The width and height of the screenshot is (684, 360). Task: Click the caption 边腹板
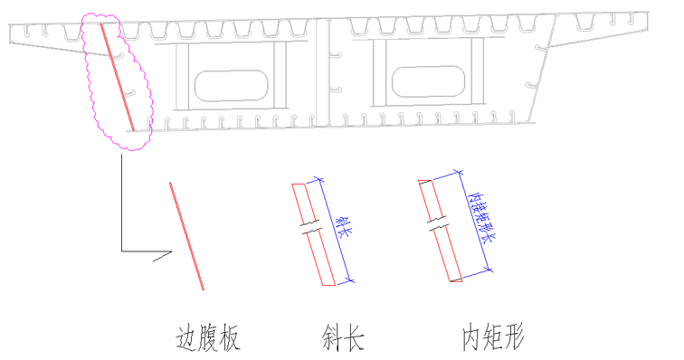208,337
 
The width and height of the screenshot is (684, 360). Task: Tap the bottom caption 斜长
343,337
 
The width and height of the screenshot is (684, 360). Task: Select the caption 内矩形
493,336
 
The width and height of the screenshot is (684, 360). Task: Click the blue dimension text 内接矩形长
481,217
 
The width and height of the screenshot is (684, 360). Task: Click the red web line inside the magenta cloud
118,77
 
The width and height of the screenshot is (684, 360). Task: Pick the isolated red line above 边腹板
186,236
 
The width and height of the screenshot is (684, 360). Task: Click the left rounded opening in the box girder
232,86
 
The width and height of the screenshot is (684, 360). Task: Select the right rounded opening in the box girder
428,81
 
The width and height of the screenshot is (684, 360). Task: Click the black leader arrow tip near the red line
172,251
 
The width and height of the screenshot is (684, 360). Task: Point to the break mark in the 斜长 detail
310,227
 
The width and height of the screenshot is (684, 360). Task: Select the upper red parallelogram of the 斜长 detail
304,203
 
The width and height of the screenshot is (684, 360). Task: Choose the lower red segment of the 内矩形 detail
447,255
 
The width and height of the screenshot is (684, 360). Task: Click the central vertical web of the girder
322,73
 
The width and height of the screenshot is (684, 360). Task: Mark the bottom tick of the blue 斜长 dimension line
350,280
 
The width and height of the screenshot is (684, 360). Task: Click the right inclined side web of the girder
542,69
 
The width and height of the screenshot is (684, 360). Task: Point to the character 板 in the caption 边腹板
230,337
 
